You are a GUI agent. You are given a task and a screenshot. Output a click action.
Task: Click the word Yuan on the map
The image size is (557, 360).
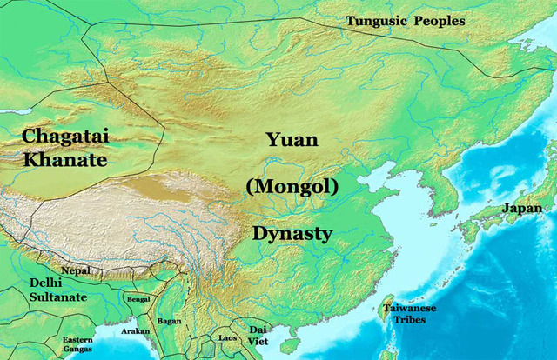click(x=292, y=139)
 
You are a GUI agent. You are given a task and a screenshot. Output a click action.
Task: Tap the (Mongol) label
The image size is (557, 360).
click(x=292, y=185)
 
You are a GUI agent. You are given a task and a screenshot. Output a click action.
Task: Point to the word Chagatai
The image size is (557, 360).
click(x=66, y=137)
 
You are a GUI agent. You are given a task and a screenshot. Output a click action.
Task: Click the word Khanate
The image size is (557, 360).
click(x=66, y=161)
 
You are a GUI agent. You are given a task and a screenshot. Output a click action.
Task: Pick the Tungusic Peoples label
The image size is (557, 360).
click(x=405, y=21)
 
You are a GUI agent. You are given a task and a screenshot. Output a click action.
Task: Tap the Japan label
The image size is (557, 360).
click(x=521, y=209)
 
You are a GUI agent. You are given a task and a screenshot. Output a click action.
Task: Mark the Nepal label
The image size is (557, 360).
click(x=76, y=270)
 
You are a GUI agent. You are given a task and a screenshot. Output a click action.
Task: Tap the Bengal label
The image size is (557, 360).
click(x=138, y=299)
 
